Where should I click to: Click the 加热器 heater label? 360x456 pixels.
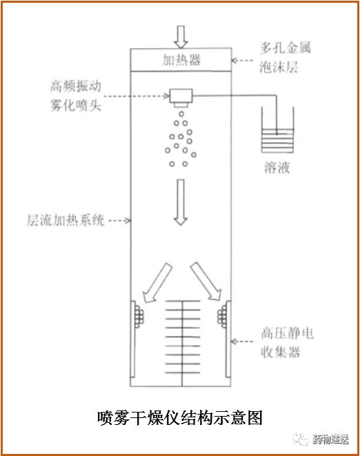(181, 60)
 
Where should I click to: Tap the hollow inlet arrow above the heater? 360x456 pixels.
(181, 37)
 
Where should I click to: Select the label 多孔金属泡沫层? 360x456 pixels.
(285, 57)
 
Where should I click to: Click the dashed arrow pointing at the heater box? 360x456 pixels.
(242, 61)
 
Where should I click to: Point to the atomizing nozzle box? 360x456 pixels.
(181, 98)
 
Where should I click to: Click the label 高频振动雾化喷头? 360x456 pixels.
(76, 96)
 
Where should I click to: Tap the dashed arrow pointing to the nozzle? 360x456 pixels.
(137, 96)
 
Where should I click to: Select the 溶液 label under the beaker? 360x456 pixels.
(277, 168)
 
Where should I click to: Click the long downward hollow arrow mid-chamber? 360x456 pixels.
(181, 202)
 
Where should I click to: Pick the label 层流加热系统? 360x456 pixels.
(66, 220)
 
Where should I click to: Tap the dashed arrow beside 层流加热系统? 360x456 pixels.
(120, 221)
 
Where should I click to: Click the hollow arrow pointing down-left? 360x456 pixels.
(157, 283)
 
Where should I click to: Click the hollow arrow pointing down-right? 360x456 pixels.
(206, 281)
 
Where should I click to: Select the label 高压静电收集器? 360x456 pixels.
(287, 342)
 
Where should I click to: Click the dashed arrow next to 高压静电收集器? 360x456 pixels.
(242, 341)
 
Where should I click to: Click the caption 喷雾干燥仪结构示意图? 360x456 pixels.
(180, 418)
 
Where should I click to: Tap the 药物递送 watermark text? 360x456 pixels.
(330, 439)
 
